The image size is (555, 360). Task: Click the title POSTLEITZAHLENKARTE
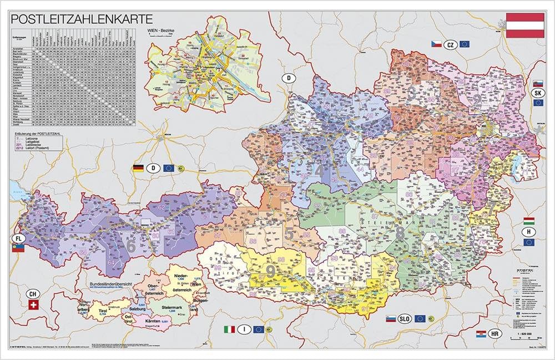82,18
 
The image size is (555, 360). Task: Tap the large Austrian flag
524,26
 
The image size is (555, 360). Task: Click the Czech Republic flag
436,44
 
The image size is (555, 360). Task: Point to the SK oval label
537,93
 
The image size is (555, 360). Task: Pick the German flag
138,168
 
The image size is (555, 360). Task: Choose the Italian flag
229,329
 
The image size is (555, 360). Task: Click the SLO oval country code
405,319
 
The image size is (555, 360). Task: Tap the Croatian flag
481,334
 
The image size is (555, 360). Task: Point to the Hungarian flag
529,221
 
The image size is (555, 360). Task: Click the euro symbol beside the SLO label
433,319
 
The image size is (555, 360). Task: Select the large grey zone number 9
271,271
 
